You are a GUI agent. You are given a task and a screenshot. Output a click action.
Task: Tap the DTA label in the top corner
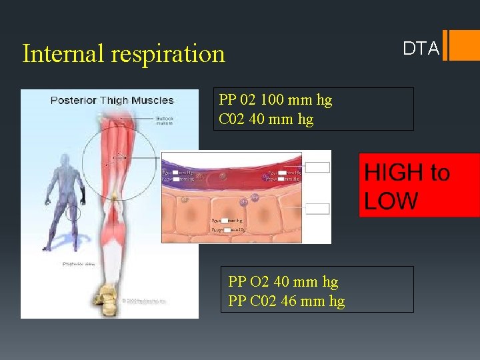(x=421, y=49)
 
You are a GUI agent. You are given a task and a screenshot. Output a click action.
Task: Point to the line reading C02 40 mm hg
(x=266, y=119)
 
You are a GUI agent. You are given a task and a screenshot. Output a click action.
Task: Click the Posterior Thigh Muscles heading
(x=112, y=101)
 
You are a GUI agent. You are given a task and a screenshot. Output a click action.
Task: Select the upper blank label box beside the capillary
(x=317, y=167)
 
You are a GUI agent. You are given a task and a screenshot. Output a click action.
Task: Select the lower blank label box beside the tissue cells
(x=317, y=209)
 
